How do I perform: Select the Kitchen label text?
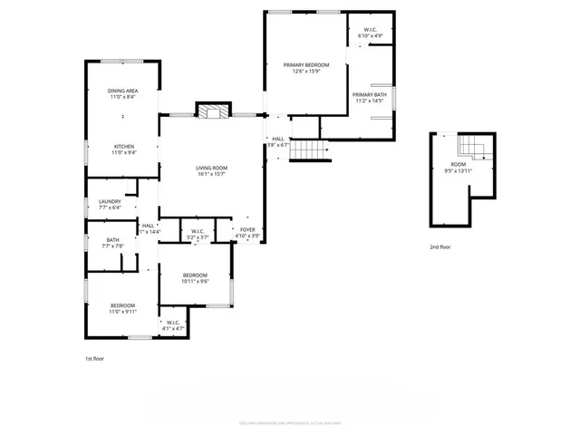123,150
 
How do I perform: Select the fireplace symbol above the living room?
213,111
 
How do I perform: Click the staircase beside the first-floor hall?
306,151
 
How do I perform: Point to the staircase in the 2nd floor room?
471,145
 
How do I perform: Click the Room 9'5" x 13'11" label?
459,167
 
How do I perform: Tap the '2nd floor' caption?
440,246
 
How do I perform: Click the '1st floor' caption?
95,359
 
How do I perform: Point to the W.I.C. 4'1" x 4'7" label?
172,325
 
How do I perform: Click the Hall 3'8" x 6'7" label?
277,141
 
